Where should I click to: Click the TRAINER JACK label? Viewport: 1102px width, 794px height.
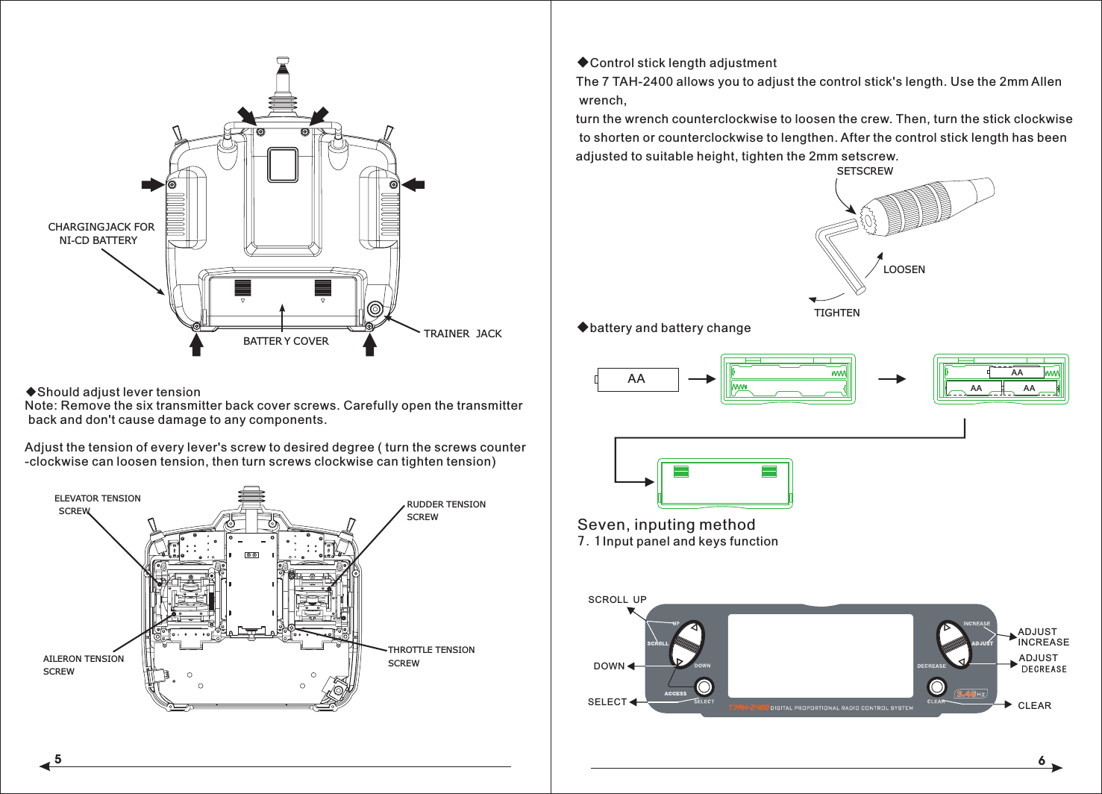(x=463, y=334)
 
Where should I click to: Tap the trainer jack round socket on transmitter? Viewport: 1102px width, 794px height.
(x=375, y=310)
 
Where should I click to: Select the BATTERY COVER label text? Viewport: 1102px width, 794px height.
(x=286, y=341)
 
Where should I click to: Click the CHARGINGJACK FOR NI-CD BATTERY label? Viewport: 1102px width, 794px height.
(x=101, y=234)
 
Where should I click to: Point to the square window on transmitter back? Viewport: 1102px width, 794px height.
(x=283, y=164)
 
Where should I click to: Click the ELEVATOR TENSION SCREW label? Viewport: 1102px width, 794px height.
(x=97, y=504)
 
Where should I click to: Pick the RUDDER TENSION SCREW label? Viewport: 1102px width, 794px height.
(x=445, y=510)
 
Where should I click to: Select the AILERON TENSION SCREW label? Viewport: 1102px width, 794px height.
(x=83, y=665)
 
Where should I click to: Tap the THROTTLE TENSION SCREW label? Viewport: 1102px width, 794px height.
(x=431, y=656)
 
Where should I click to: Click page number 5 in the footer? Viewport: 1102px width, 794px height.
(x=57, y=760)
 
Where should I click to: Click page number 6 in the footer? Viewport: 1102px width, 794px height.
(x=1042, y=760)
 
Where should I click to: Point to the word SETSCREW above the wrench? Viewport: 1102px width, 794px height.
(x=865, y=171)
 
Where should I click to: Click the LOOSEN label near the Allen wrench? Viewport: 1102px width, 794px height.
(x=904, y=269)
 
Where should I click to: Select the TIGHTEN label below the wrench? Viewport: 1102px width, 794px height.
(x=836, y=313)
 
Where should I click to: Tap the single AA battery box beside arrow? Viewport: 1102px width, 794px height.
(x=638, y=379)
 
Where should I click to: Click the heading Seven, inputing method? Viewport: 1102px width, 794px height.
(x=666, y=525)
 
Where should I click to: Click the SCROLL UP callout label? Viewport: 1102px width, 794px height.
(x=617, y=599)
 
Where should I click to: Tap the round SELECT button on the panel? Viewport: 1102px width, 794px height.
(x=703, y=687)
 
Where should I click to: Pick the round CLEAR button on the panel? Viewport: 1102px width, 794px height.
(x=937, y=687)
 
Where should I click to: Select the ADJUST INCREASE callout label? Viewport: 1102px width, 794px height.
(x=1043, y=637)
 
